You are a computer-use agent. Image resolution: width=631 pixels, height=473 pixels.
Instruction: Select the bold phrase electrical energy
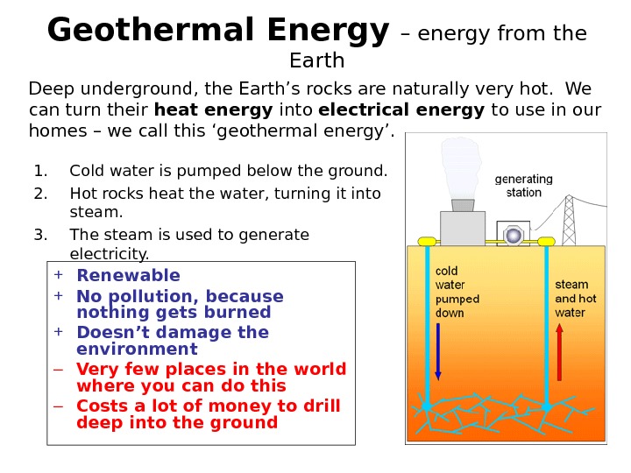401,111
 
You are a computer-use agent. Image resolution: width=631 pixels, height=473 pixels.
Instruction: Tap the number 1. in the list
41,171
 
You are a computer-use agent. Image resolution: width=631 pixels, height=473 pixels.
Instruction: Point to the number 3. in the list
41,235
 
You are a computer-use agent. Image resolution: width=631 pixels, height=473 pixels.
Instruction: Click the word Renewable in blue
128,276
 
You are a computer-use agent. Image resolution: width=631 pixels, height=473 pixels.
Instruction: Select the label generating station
524,186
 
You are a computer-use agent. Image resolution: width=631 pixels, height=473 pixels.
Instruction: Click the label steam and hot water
576,299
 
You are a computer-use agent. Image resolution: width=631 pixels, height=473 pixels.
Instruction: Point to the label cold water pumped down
457,292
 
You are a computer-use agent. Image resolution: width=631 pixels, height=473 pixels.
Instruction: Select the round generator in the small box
514,235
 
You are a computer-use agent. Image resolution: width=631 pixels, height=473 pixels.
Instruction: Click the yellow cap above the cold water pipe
428,241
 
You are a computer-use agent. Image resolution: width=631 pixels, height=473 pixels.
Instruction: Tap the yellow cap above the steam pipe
546,241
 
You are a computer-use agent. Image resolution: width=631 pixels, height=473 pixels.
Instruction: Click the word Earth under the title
316,61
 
